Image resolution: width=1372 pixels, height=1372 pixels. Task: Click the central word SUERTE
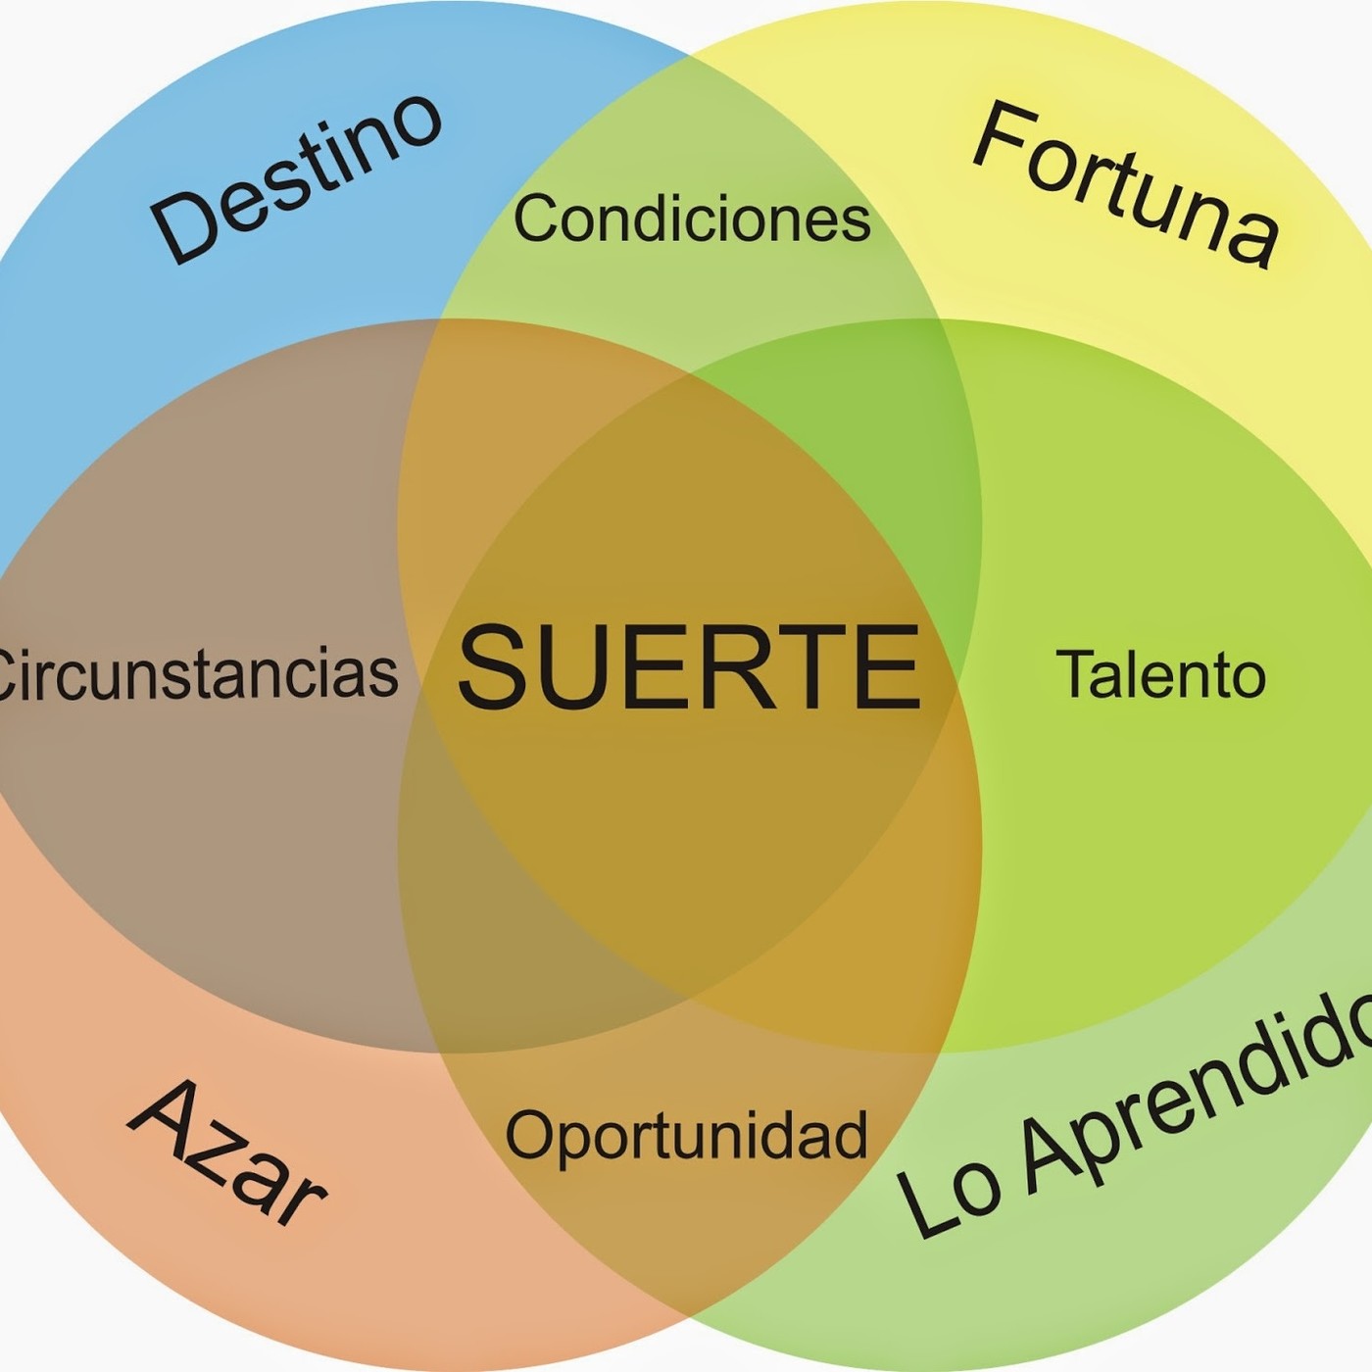pos(689,667)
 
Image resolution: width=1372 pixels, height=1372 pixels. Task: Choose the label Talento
pos(1160,674)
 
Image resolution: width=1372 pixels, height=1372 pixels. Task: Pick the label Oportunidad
pos(686,1137)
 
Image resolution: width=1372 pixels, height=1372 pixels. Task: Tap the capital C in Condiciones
pos(539,219)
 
